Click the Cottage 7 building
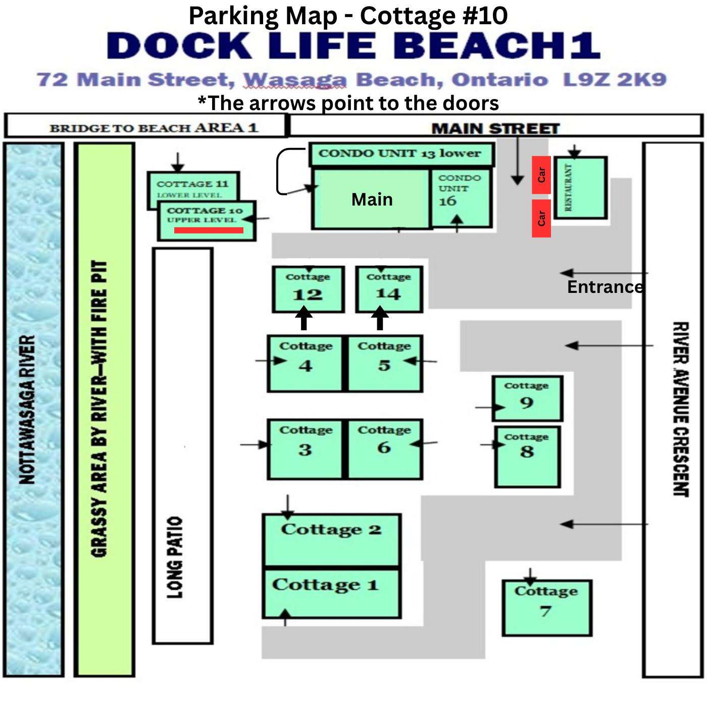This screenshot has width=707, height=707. pos(547,608)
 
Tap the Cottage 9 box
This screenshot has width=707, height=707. pos(527,398)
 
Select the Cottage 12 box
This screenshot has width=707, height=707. pos(308,289)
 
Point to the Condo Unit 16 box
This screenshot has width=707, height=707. pos(461,198)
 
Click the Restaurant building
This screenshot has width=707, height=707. pos(580,187)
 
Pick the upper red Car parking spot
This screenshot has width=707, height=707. pos(541,175)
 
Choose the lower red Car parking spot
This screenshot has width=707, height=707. pos(541,218)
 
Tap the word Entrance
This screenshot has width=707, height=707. pos(605,287)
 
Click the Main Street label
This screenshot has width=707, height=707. pos(495,129)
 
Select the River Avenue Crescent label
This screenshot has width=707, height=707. pos(681,409)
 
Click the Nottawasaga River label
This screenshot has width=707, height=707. pos(27,410)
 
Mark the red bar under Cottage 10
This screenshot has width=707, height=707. pos(209,230)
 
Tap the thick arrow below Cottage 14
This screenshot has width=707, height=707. pos(380,319)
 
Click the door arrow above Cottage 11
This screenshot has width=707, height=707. pos(178,162)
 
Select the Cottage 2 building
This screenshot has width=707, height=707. pos(332,540)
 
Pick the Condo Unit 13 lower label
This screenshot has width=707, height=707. pos(399,154)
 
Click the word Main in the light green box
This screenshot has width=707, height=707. pos(372,199)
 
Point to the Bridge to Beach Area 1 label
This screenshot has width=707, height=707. pos(154,128)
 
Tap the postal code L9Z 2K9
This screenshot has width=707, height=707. pos(615,80)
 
